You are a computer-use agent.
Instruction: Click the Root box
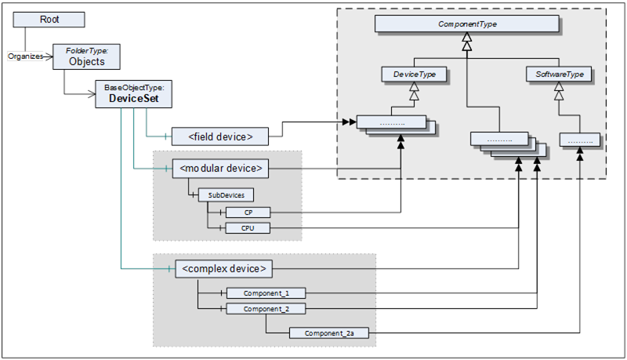(49, 19)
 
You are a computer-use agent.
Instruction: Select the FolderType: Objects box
(86, 56)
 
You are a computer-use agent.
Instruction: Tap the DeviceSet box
(133, 94)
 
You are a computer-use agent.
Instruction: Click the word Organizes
(26, 56)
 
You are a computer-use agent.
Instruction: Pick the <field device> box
(220, 136)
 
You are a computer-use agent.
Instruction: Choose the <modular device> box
(220, 169)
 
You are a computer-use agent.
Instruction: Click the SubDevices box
(226, 195)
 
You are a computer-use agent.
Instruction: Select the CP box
(248, 213)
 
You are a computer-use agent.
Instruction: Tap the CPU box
(248, 228)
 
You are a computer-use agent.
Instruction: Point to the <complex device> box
(223, 269)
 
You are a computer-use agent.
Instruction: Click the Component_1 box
(266, 293)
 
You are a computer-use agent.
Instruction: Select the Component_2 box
(266, 309)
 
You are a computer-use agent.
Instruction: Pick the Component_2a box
(328, 333)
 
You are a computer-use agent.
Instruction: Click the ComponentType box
(466, 24)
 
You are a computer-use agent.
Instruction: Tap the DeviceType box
(414, 74)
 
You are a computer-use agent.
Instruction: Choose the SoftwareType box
(559, 74)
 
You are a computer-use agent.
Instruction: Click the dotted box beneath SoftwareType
(580, 140)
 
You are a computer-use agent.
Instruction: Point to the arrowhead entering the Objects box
(49, 56)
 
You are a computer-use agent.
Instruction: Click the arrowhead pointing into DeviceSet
(91, 94)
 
